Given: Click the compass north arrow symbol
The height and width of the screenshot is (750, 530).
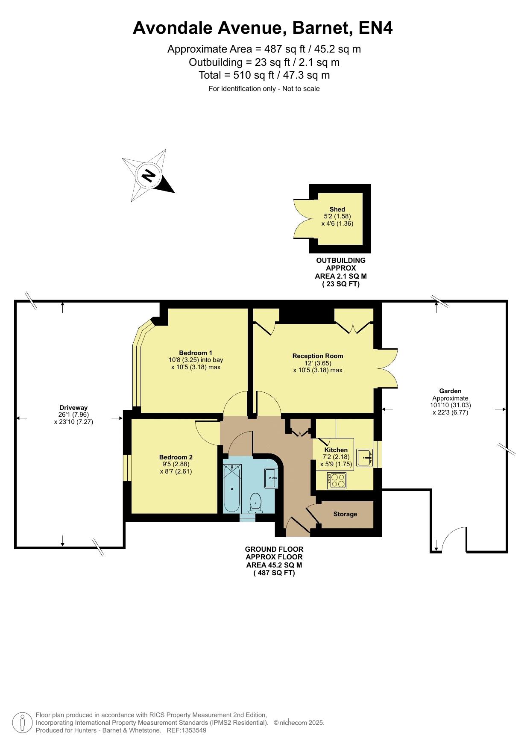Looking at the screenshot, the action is (x=149, y=175).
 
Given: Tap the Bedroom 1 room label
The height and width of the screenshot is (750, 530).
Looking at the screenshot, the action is (x=196, y=353).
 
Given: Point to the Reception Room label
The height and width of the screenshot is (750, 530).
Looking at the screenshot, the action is (x=318, y=356).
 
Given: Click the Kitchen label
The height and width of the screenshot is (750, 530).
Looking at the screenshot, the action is (x=336, y=450).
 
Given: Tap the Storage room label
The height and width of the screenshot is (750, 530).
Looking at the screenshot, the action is (x=345, y=514).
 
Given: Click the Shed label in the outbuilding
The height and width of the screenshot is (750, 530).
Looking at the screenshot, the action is (x=337, y=209).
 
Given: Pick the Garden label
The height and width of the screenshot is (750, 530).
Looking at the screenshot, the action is (x=450, y=391).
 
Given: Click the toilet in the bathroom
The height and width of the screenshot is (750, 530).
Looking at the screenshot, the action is (x=255, y=503).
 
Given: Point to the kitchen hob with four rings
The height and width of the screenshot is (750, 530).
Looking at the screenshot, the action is (x=337, y=481).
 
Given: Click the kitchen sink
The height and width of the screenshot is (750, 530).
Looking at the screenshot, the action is (x=365, y=457).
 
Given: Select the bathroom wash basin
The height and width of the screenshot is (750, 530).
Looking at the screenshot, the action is (x=272, y=478).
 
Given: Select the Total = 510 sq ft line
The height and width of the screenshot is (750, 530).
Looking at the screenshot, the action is (x=264, y=75).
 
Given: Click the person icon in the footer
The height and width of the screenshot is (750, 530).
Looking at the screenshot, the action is (x=22, y=723).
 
